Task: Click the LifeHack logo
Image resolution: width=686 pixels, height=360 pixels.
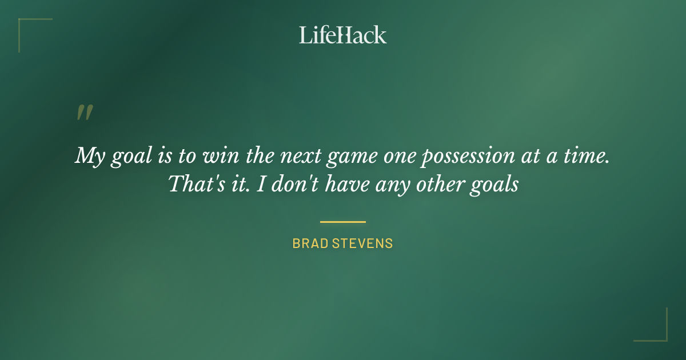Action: (342, 35)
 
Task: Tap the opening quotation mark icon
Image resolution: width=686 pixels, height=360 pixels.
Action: (85, 113)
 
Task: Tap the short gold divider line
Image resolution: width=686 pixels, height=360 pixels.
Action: (342, 222)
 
